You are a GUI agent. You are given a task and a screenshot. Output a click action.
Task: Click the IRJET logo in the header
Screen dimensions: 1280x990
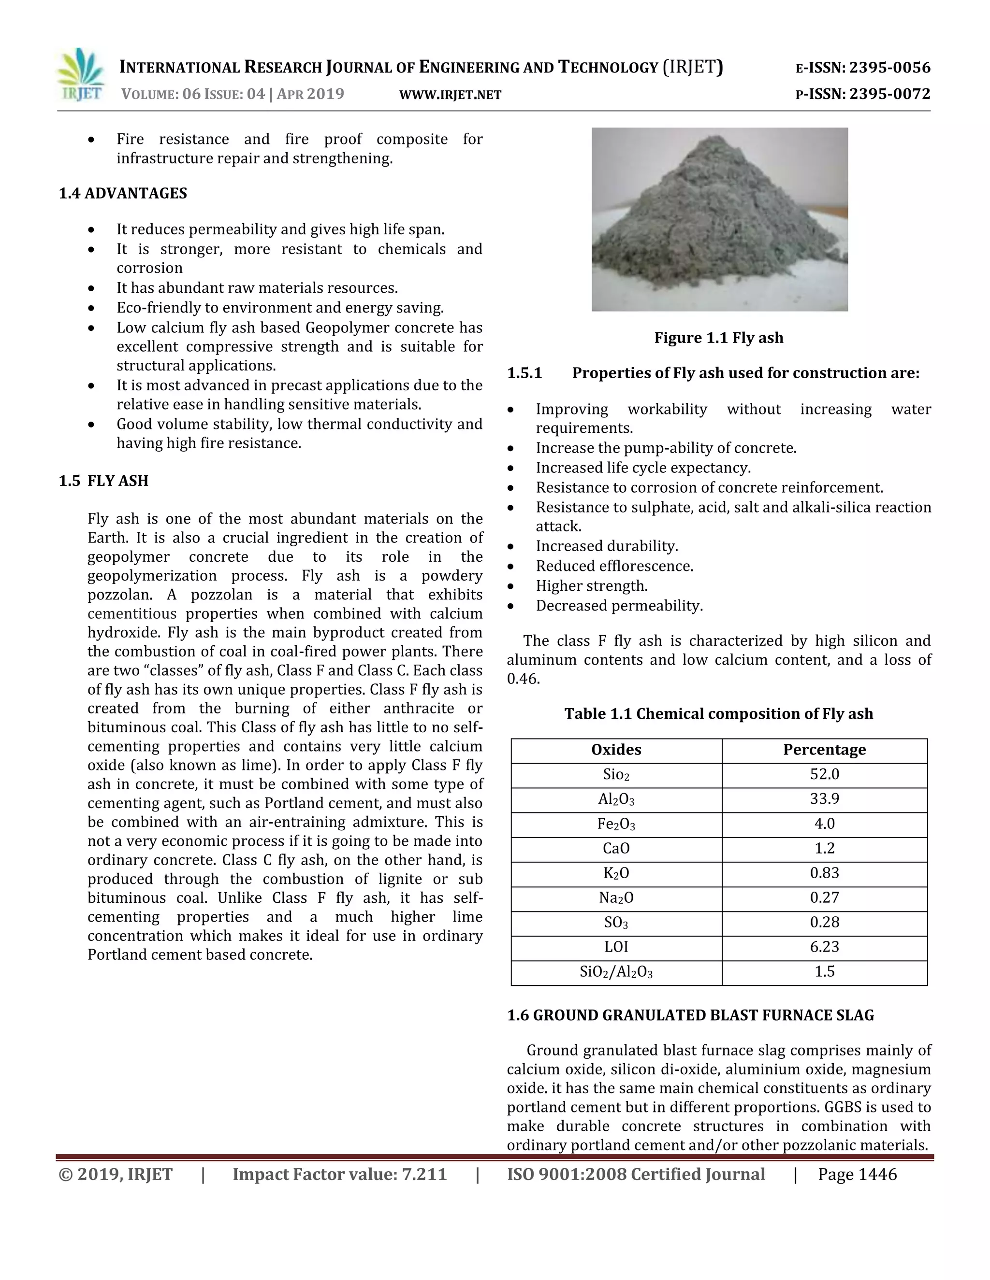[81, 76]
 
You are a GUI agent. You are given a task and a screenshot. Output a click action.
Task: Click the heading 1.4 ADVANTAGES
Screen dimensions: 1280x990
[123, 193]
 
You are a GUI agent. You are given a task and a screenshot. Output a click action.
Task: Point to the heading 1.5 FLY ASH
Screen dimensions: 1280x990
[104, 481]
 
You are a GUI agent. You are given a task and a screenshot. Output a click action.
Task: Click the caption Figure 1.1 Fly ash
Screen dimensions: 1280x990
[718, 338]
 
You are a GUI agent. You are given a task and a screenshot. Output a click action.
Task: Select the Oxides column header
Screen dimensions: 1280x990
[616, 750]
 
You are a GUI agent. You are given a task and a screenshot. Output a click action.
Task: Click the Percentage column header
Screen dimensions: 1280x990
[824, 750]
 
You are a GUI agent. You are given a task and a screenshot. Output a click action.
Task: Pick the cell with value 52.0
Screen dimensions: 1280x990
[824, 774]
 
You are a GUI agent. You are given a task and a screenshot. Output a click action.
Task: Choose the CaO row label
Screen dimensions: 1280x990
[616, 848]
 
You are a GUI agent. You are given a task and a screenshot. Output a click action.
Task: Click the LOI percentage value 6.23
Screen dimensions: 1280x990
[824, 947]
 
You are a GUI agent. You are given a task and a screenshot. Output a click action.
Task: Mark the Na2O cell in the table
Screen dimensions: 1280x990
[616, 897]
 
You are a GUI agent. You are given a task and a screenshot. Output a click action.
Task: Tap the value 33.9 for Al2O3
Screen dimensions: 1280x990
[824, 799]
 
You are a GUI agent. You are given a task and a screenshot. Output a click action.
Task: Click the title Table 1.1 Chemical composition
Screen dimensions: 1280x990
[718, 713]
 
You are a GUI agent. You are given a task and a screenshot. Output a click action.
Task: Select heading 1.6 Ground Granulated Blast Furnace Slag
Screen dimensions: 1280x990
[690, 1015]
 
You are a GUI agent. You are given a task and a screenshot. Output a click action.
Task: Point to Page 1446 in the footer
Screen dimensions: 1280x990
[857, 1175]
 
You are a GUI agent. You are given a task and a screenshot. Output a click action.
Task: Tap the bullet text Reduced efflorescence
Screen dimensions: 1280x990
[614, 566]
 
